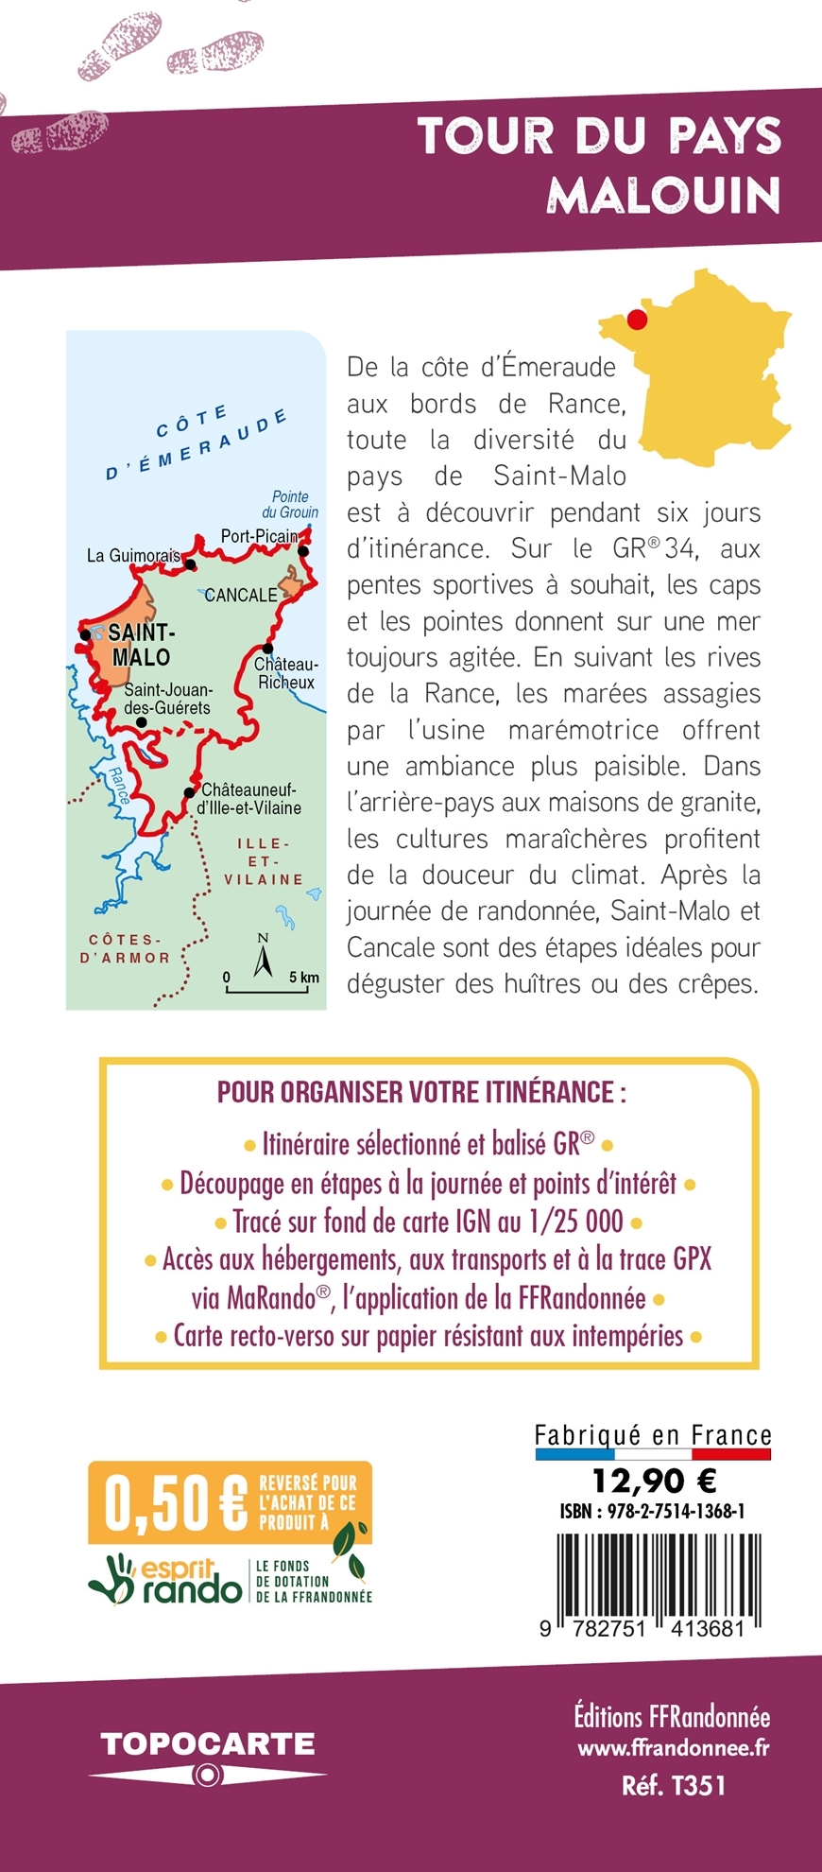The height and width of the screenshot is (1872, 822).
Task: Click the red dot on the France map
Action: pyautogui.click(x=637, y=320)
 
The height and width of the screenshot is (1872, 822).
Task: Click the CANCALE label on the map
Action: pyautogui.click(x=242, y=595)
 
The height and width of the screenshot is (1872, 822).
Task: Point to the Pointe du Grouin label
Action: pyautogui.click(x=290, y=504)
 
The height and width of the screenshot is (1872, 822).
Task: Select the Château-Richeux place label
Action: pyautogui.click(x=286, y=673)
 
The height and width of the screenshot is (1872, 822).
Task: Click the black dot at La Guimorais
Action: pyautogui.click(x=190, y=565)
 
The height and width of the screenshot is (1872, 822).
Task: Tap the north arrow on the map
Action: pyautogui.click(x=264, y=959)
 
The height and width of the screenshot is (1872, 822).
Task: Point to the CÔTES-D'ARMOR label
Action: pyautogui.click(x=126, y=948)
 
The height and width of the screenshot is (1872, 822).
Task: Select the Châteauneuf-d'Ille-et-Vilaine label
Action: pyautogui.click(x=249, y=799)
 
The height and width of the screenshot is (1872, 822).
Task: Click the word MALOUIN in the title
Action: pyautogui.click(x=664, y=195)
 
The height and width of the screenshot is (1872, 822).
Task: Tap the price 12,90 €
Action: pyautogui.click(x=654, y=1479)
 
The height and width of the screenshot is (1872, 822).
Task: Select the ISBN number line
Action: pyautogui.click(x=653, y=1511)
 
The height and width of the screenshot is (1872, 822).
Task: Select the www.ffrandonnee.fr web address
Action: pyautogui.click(x=673, y=1748)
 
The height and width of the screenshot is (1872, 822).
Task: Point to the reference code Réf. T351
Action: pyautogui.click(x=674, y=1785)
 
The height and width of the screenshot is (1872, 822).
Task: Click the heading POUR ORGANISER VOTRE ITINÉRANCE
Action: pyautogui.click(x=421, y=1093)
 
